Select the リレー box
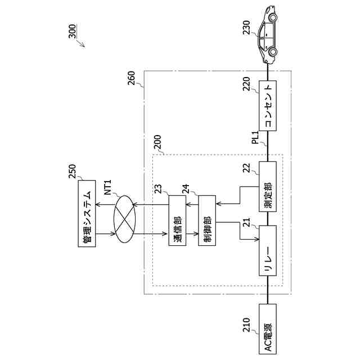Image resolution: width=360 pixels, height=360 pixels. point(268,250)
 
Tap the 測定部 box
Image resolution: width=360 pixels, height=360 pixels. point(268,187)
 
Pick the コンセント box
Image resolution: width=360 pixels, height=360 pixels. point(268,106)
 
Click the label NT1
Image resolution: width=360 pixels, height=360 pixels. point(107,186)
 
